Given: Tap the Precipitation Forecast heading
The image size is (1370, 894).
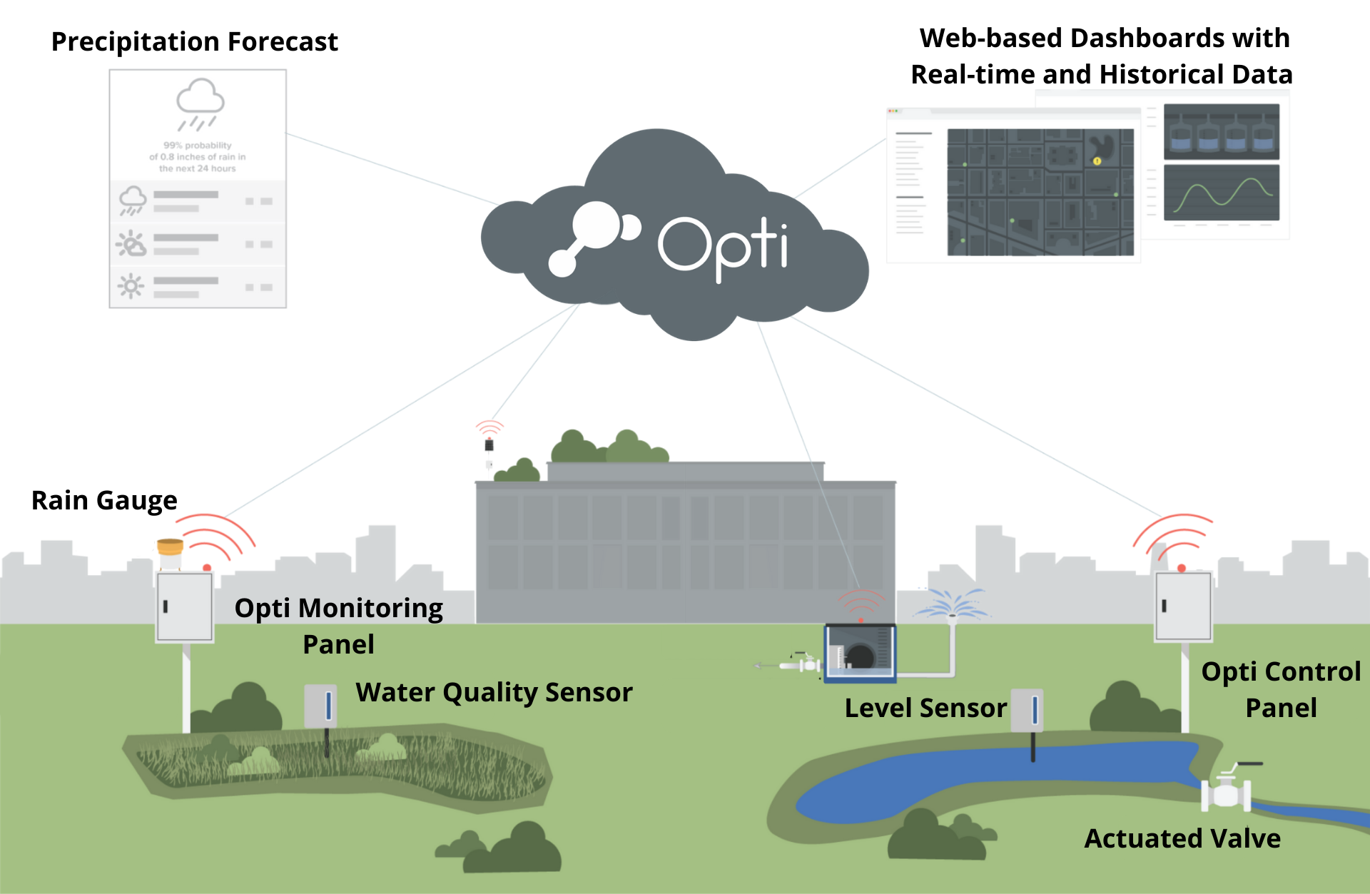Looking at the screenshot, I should pos(194,41).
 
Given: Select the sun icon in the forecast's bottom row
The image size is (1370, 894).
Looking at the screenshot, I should pos(131,287).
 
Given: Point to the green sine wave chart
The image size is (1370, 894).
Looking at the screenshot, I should pos(1222,193).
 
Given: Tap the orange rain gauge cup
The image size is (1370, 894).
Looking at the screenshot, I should pos(170,548).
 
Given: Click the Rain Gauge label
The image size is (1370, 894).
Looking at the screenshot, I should pos(104,501).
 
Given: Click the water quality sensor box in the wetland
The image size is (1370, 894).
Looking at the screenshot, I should pos(320,706).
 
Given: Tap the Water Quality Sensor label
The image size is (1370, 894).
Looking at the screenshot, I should pos(494,693).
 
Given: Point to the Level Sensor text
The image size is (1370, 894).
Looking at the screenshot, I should pos(925,708).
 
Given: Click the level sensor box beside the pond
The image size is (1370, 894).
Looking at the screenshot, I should pos(1027,710).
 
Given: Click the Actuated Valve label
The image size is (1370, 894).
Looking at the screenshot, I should pos(1182,839).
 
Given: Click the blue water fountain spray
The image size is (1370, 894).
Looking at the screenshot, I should pos(951,605).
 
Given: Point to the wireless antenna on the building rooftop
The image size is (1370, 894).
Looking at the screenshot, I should pos(489,444).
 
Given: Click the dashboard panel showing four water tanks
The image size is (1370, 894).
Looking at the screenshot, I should pos(1221,132).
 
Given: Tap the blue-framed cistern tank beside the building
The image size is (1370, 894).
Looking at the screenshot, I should pos(860,653).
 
